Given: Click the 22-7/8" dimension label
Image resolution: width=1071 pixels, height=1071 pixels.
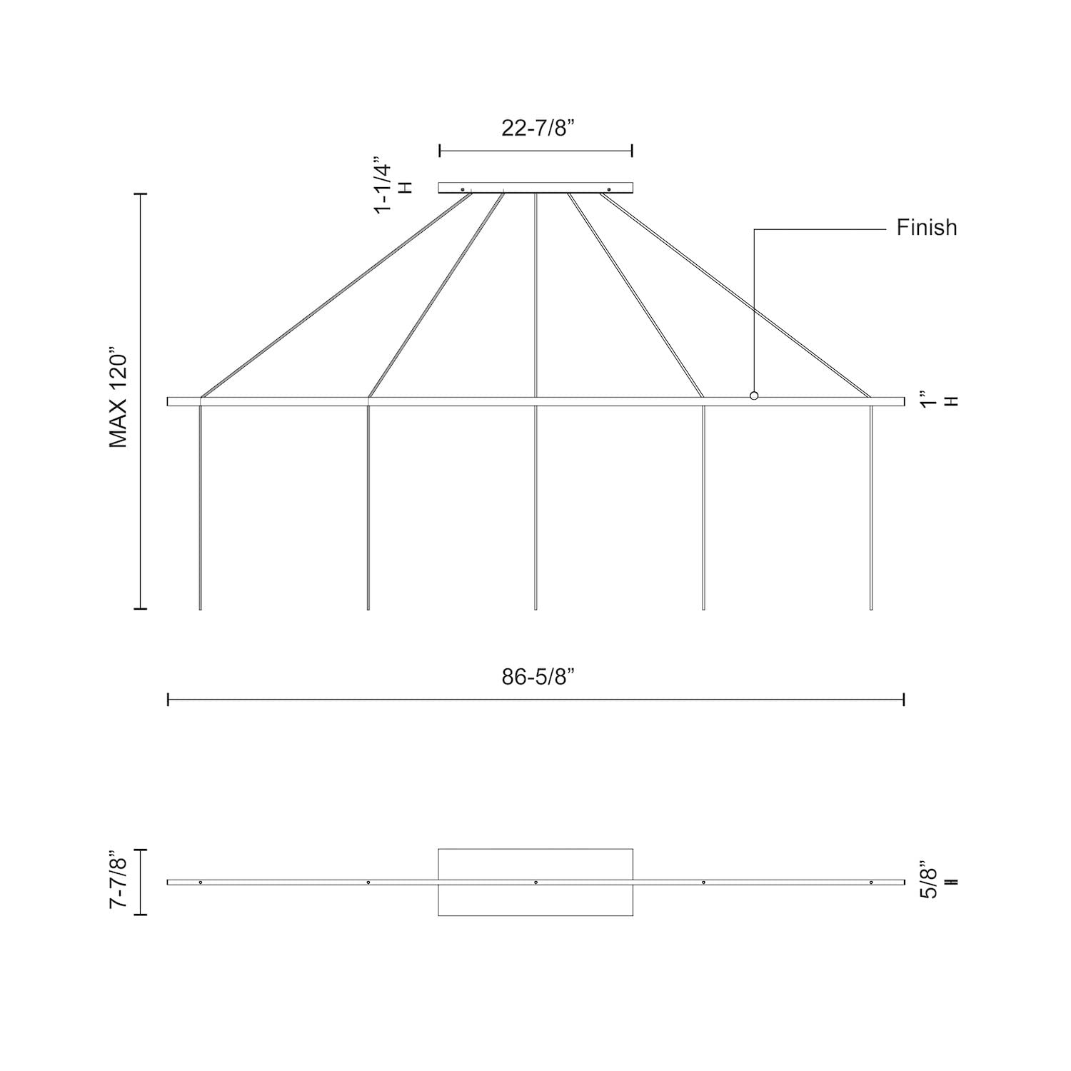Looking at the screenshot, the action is coord(538,128).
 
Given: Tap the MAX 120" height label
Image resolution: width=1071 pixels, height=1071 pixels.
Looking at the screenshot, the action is coord(119,398).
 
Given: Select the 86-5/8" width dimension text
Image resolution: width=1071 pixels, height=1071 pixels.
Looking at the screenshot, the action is coord(538,677).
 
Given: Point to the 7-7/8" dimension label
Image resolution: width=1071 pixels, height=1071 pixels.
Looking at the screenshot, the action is coord(119,879).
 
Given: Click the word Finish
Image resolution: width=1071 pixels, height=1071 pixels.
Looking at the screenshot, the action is coord(927,228).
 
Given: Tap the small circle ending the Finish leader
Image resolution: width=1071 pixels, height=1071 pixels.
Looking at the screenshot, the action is coord(754,396).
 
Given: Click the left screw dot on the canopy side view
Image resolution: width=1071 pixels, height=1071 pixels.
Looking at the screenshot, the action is coord(463,189).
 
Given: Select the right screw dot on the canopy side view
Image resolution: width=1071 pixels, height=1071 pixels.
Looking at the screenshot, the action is coord(608,189).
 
